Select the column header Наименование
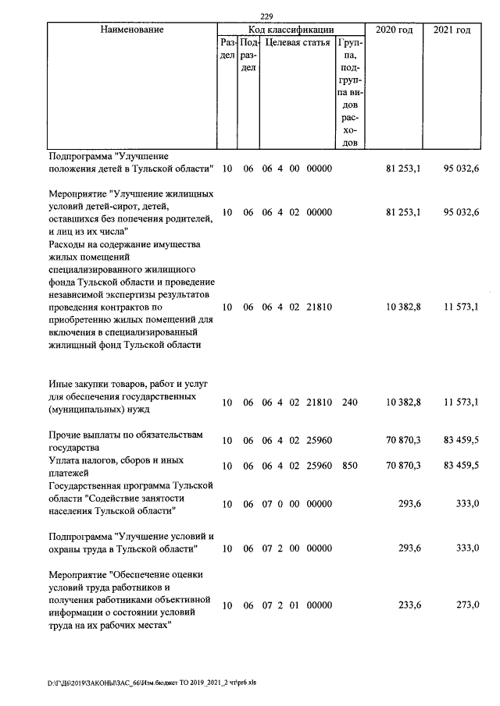pyautogui.click(x=132, y=30)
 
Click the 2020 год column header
pyautogui.click(x=393, y=30)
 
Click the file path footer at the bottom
pyautogui.click(x=152, y=681)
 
